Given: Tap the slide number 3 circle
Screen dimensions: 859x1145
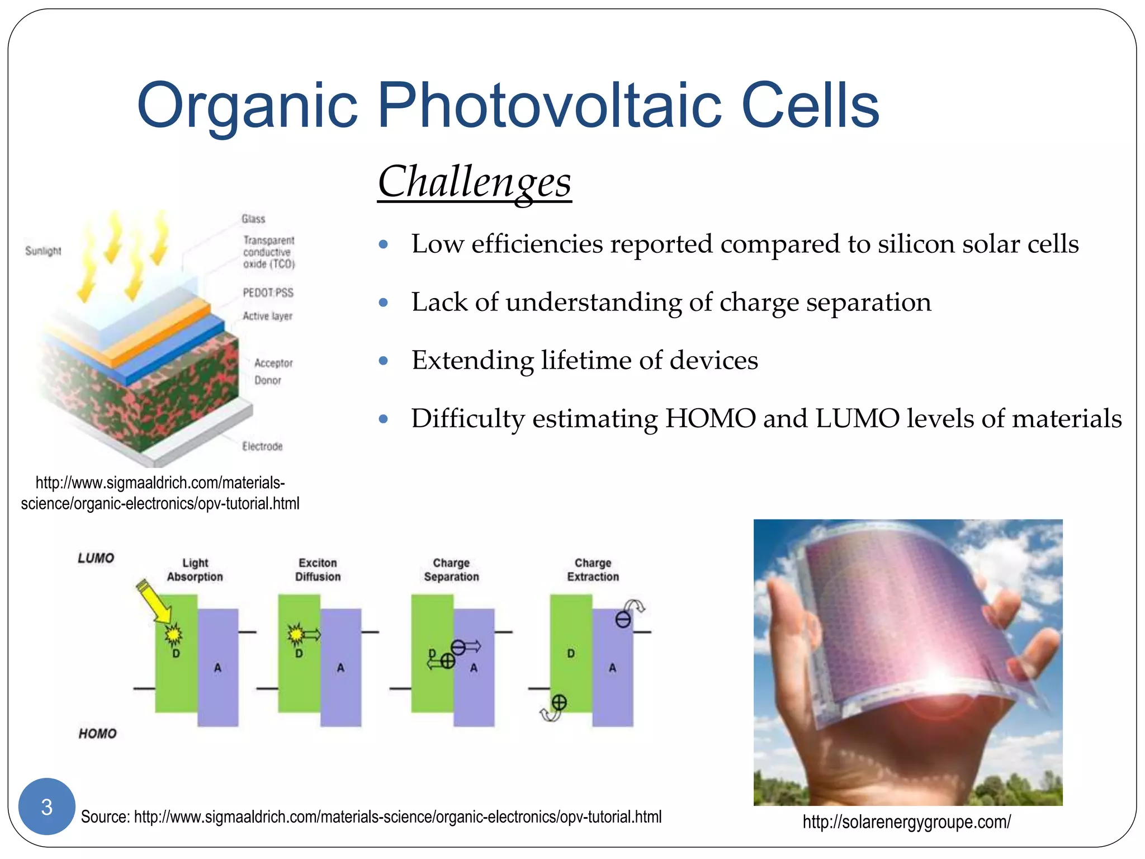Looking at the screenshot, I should point(47,806).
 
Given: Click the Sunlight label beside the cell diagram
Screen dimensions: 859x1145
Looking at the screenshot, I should point(43,251).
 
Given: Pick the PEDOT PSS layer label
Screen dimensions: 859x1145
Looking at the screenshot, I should point(268,292).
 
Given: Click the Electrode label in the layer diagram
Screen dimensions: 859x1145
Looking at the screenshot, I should point(262,446).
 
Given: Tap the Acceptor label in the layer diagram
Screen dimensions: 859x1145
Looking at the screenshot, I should point(273,363).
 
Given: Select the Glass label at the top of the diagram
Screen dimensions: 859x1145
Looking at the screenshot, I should point(253,219).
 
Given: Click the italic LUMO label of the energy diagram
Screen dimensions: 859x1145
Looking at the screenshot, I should point(96,558).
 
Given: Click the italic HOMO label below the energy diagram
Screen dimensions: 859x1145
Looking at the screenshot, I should point(97,734).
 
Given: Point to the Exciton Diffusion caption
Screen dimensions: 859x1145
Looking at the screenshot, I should point(318,570).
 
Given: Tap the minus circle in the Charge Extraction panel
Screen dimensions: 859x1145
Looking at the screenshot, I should point(623,620).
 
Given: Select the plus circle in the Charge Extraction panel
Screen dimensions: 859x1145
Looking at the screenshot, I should point(559,702).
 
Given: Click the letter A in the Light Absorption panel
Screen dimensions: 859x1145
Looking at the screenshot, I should point(217,668).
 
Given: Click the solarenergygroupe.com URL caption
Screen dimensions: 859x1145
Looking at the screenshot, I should point(906,822).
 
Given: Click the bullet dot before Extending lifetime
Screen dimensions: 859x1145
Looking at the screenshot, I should point(383,361).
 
